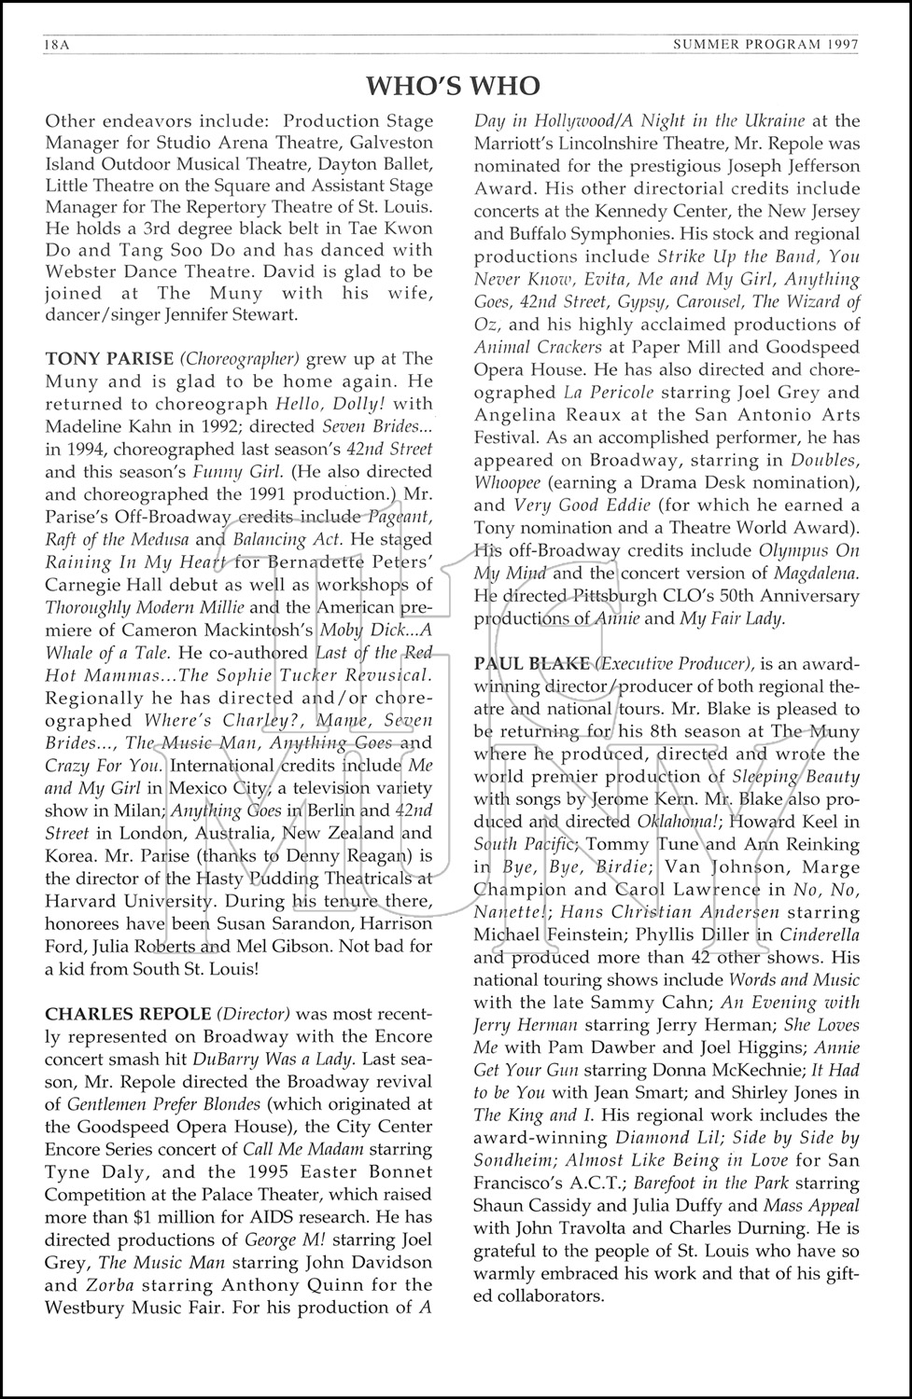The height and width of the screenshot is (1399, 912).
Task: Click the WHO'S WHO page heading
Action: pyautogui.click(x=454, y=87)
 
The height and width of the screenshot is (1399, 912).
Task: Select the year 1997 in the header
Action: pyautogui.click(x=840, y=45)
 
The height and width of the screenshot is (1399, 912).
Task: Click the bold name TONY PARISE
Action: pyautogui.click(x=109, y=359)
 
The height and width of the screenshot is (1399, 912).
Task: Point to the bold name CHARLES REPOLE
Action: pyautogui.click(x=116, y=1014)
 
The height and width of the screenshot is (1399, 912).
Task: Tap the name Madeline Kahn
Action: pyautogui.click(x=100, y=426)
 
